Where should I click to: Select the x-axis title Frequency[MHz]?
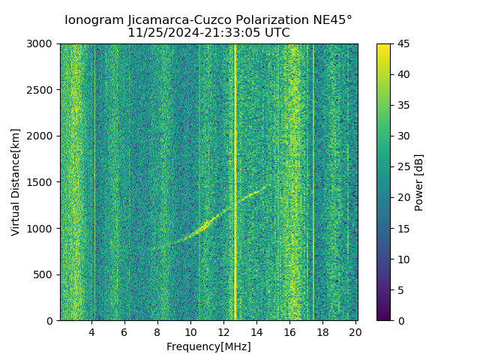[x=208, y=346]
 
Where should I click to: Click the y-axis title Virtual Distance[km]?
[x=16, y=182]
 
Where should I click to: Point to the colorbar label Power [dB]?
[x=419, y=182]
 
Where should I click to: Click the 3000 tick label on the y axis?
[x=41, y=44]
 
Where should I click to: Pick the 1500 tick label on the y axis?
[x=41, y=182]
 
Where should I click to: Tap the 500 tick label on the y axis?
[x=45, y=274]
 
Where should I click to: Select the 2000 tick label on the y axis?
[x=41, y=136]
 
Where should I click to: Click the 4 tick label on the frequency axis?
[x=91, y=332]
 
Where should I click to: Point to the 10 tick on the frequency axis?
[x=190, y=332]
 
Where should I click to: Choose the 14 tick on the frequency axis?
[x=256, y=332]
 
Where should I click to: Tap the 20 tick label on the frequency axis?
[x=355, y=332]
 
